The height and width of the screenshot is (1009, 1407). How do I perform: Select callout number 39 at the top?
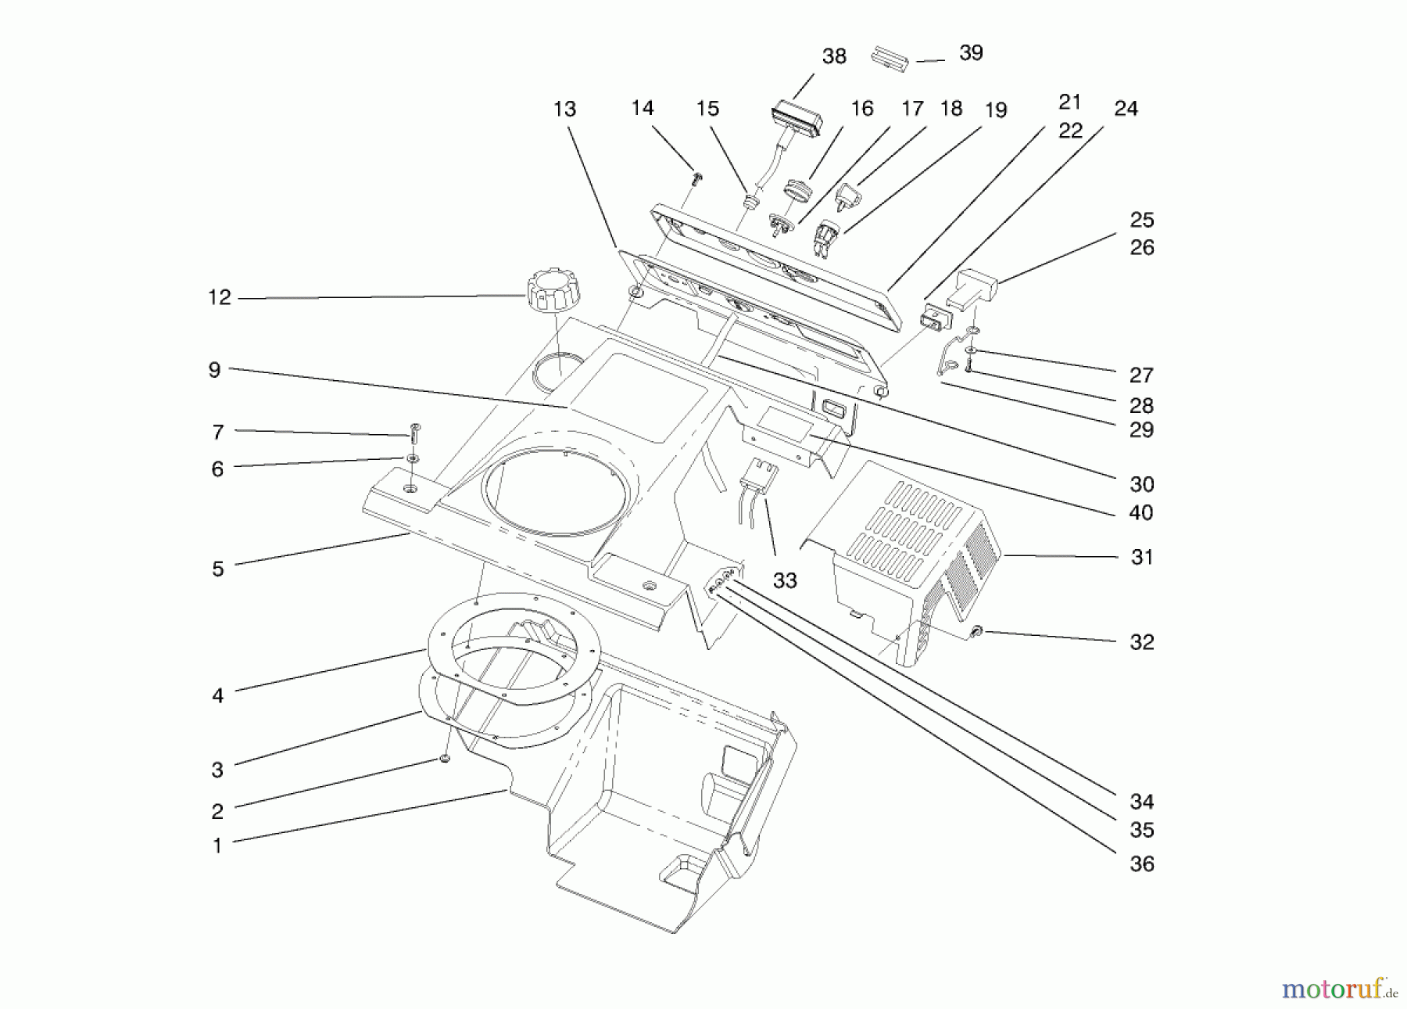point(970,53)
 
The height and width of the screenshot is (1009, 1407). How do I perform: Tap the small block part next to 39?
point(890,59)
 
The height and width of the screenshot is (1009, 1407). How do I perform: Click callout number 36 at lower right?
point(1141,864)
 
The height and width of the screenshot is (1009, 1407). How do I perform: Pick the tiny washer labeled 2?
point(444,759)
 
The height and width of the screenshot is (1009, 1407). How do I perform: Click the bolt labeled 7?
point(415,432)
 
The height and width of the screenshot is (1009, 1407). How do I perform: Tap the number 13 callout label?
point(564,110)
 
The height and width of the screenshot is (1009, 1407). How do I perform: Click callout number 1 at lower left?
point(217,846)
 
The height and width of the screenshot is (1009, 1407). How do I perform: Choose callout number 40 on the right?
point(1141,513)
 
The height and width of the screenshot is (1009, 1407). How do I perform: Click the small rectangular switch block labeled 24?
point(932,319)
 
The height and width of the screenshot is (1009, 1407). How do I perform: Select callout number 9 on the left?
point(215,370)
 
